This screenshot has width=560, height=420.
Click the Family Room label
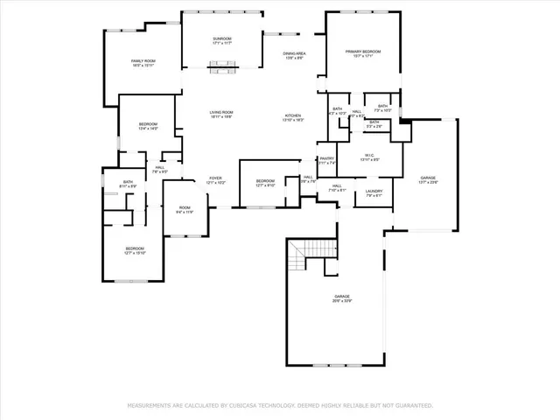[x=143, y=63]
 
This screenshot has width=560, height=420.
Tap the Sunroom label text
[x=221, y=40]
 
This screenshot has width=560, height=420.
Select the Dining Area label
[x=294, y=56]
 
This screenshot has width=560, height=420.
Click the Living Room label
[x=220, y=115]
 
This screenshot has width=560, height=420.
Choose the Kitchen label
[x=293, y=118]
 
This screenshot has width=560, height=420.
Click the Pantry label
[x=326, y=160]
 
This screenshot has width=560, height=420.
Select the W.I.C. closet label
[x=369, y=157]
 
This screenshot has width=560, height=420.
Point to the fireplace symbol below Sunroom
[x=221, y=63]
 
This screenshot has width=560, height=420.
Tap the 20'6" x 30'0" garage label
[x=341, y=299]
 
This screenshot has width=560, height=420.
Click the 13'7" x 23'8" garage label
[x=428, y=179]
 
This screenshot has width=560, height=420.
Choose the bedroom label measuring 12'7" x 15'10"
[x=134, y=250]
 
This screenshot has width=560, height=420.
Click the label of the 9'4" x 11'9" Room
[x=185, y=210]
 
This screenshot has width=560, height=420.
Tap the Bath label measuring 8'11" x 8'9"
[x=128, y=184]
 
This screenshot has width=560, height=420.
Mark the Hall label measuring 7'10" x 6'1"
[x=337, y=188]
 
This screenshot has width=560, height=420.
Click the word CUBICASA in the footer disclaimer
[x=248, y=406]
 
